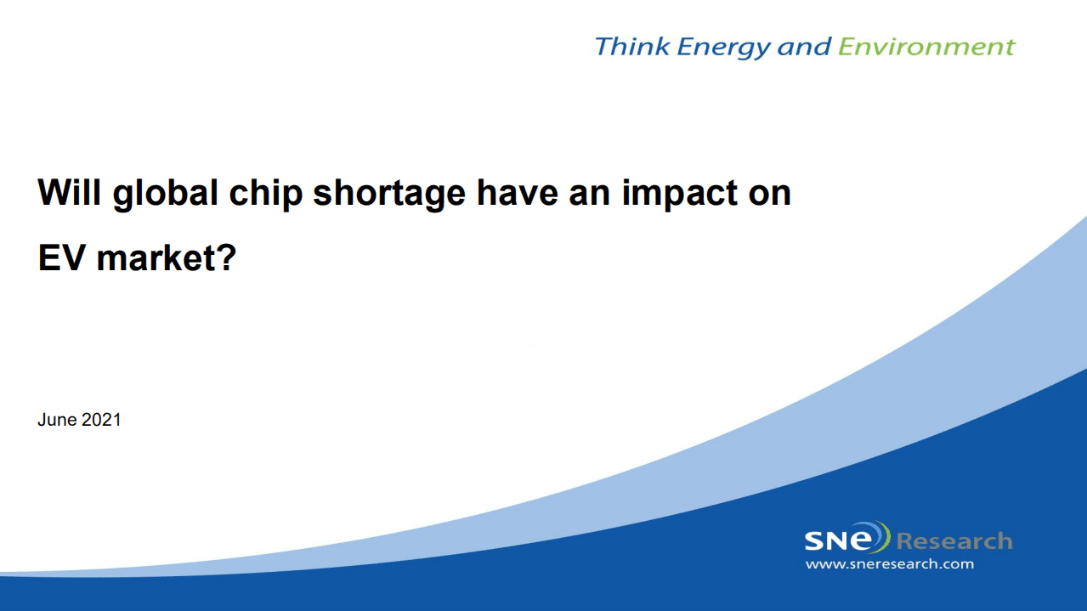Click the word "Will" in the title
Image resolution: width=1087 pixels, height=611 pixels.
(x=70, y=192)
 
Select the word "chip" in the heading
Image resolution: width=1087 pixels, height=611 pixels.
(x=266, y=194)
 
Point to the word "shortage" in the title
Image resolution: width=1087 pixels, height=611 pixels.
(x=389, y=194)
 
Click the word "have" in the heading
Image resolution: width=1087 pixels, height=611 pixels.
(x=518, y=192)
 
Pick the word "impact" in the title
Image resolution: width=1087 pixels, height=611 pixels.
(x=680, y=194)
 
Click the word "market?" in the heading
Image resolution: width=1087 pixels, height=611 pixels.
(x=167, y=257)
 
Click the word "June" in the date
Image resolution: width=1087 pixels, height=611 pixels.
(x=57, y=420)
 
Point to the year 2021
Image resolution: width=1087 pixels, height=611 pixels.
(x=101, y=420)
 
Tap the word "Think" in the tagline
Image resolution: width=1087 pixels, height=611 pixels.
(x=632, y=47)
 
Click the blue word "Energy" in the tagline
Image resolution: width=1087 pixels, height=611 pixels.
(x=723, y=48)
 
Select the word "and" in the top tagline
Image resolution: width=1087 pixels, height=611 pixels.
(x=804, y=47)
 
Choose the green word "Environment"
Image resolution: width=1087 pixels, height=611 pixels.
(x=926, y=47)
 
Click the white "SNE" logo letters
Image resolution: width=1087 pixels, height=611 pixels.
(x=846, y=540)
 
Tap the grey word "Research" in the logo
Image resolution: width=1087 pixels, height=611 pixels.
(x=954, y=541)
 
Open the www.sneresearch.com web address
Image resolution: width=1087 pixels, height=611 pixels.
(x=890, y=564)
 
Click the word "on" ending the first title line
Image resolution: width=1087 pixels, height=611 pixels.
(x=770, y=193)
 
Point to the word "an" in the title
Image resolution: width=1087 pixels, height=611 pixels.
(x=590, y=193)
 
